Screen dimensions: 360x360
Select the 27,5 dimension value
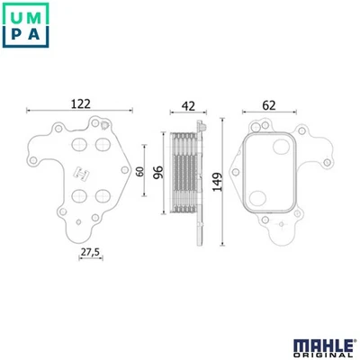pos(89,253)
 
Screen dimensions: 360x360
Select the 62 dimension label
pos(268,104)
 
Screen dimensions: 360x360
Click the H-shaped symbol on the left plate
pos(81,172)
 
